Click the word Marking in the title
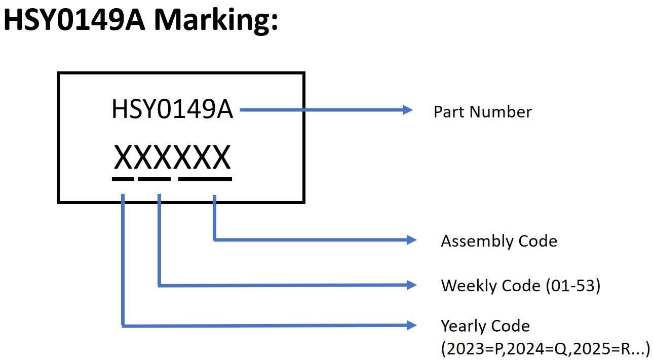[x=215, y=20]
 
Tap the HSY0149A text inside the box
[x=172, y=109]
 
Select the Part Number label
[x=482, y=112]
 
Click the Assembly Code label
[x=498, y=241]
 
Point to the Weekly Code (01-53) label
[x=520, y=286]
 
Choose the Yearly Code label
[x=485, y=326]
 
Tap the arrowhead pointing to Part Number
[x=408, y=109]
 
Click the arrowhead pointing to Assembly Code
[x=411, y=239]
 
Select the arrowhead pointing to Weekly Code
[x=411, y=286]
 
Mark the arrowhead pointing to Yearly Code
[x=411, y=326]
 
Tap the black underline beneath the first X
[x=123, y=179]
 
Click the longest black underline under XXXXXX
[x=205, y=179]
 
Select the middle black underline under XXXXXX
[x=154, y=179]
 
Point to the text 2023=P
[x=474, y=349]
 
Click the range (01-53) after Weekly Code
[x=573, y=286]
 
